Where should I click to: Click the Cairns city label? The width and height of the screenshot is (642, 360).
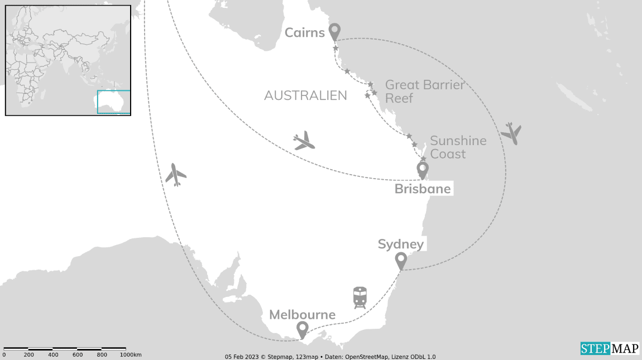(x=304, y=32)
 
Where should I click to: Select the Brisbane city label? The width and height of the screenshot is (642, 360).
(x=422, y=189)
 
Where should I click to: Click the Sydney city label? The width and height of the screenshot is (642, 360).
(x=400, y=244)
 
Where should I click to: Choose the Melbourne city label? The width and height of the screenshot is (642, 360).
(x=302, y=315)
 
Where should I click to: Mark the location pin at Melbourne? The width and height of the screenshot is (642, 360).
(x=302, y=330)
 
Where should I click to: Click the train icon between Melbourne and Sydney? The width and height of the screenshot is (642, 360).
(x=360, y=297)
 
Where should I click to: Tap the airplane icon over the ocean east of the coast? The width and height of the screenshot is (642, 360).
(x=511, y=133)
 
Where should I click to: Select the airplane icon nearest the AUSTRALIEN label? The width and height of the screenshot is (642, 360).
(x=304, y=141)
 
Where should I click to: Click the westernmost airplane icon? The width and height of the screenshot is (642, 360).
(x=176, y=175)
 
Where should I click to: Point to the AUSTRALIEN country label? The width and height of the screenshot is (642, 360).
(x=305, y=95)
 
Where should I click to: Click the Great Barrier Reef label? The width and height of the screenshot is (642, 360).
(x=424, y=92)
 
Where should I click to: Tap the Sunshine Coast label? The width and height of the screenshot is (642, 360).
(x=458, y=147)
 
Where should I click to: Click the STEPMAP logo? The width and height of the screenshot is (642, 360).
(x=609, y=348)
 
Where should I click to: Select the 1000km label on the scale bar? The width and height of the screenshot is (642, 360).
(x=130, y=355)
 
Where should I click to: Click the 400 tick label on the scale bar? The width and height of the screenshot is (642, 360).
(x=53, y=355)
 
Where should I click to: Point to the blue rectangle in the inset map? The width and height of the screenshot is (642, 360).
(x=114, y=102)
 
